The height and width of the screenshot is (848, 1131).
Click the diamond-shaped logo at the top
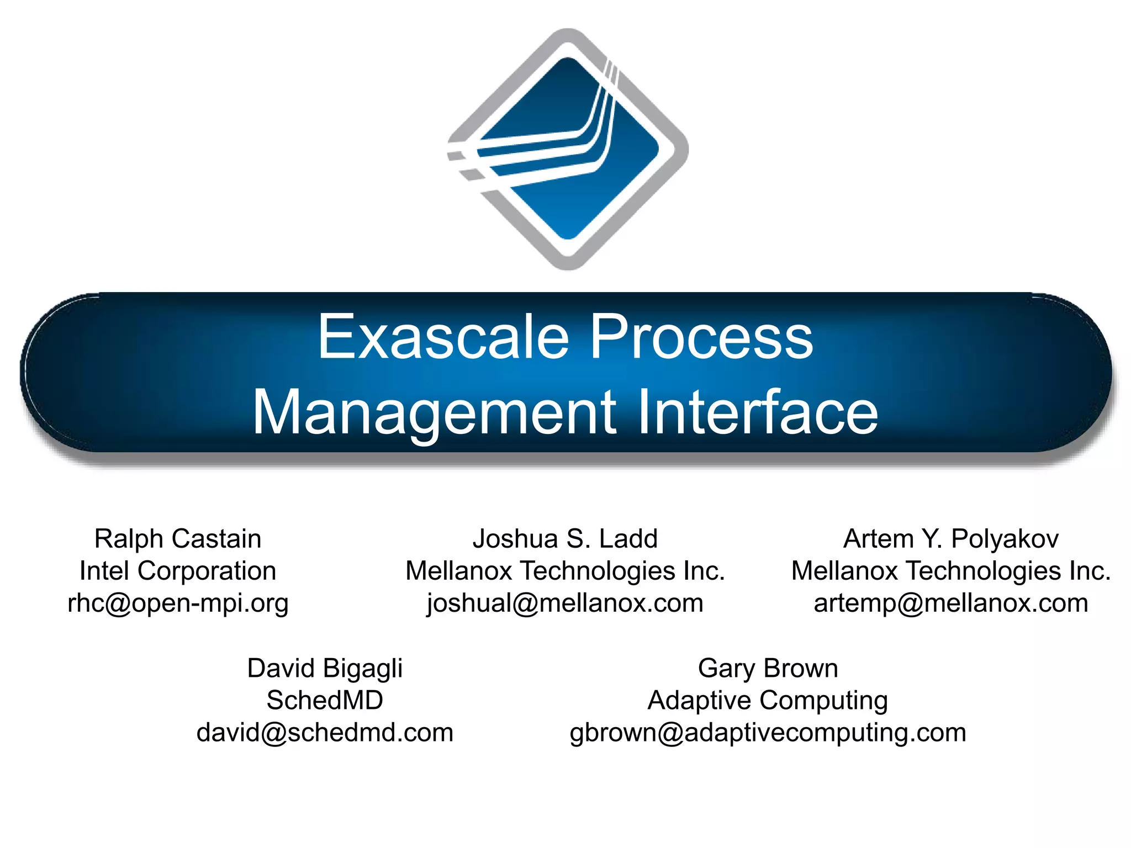[568, 149]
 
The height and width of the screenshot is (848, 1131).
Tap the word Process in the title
[701, 337]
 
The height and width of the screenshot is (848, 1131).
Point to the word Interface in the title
[757, 412]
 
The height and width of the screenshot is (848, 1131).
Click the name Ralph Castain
[178, 538]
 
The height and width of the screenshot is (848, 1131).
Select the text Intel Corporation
[178, 571]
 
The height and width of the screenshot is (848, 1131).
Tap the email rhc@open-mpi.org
[178, 603]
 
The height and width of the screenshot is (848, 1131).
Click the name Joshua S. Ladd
[565, 538]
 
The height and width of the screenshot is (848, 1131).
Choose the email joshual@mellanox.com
[565, 603]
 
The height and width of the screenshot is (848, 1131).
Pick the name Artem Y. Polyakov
[951, 538]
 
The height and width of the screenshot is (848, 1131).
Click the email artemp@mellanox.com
[951, 603]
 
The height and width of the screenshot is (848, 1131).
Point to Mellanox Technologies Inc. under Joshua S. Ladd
[565, 571]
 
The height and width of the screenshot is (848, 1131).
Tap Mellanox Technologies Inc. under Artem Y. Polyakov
[951, 571]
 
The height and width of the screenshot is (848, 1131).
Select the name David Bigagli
[325, 668]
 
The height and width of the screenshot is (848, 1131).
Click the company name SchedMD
[325, 700]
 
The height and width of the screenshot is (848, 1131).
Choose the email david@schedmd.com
[325, 733]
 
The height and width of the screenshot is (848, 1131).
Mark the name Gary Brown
[768, 668]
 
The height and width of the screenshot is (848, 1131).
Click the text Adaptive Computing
[768, 700]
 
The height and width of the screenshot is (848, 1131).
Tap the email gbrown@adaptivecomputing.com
[768, 733]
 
